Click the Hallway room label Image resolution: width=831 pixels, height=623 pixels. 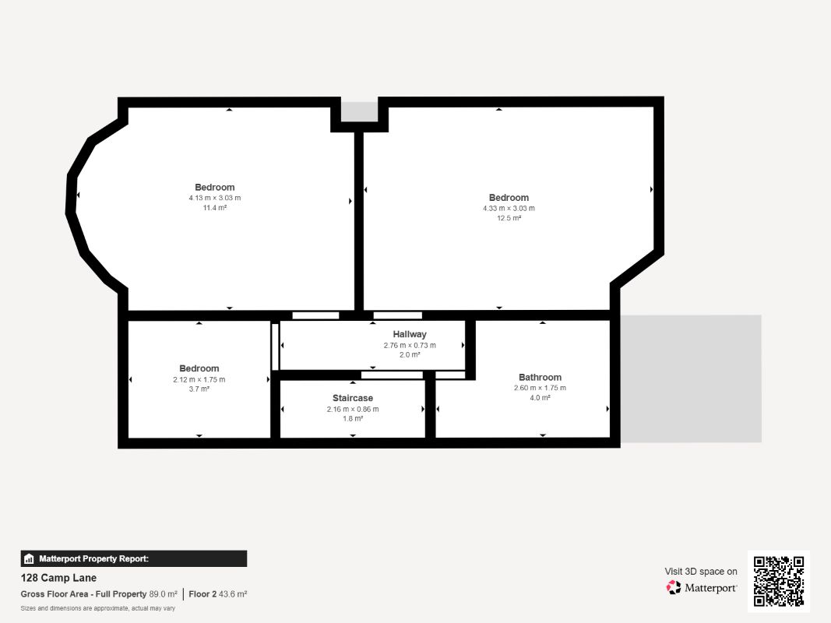pos(409,334)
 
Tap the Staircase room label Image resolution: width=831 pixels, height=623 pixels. pos(353,398)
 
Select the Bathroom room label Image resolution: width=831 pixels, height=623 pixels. pos(540,377)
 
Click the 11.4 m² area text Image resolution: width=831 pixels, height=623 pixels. pos(215,208)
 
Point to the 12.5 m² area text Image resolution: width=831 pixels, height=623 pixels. pos(509,218)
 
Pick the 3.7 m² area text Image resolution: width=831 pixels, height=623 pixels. pos(199,389)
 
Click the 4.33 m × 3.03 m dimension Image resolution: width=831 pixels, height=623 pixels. pos(509,208)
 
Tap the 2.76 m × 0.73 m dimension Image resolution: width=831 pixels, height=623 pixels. pos(410,345)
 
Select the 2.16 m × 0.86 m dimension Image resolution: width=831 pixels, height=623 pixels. pos(353,409)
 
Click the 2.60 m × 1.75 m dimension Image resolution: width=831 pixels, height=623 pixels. pos(540,388)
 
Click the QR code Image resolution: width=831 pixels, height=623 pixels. pos(779,581)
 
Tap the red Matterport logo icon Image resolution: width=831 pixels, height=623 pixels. pos(674,587)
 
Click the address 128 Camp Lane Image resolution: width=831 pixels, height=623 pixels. pos(58,578)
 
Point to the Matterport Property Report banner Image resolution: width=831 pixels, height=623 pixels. pos(133,559)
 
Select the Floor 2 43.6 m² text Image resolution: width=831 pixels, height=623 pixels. pos(218,594)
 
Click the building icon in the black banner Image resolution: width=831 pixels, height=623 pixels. pos(29,559)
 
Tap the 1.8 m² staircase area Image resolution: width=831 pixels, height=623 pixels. pos(353,418)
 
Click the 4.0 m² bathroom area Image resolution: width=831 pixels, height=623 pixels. pos(540,397)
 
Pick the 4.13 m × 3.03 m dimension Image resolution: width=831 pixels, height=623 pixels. pos(215,198)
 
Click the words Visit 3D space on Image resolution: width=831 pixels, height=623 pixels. pos(701,572)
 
